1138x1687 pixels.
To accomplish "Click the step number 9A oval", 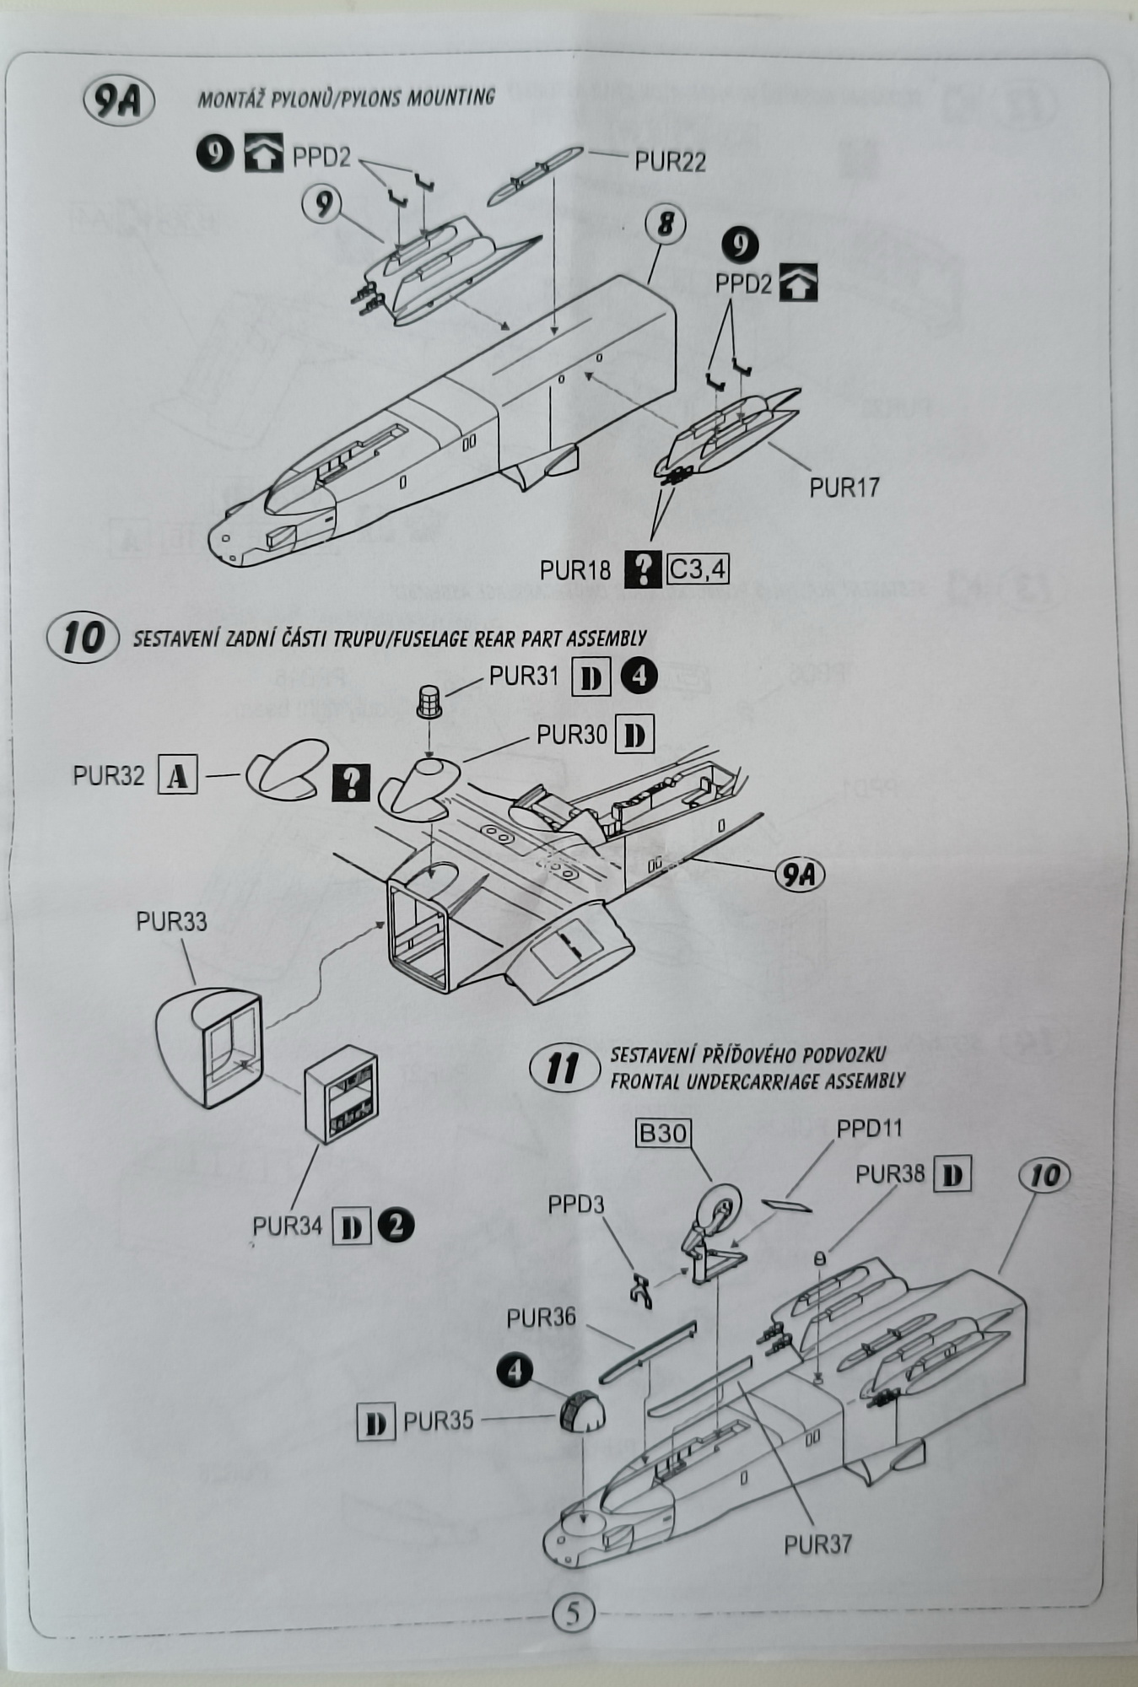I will pos(118,101).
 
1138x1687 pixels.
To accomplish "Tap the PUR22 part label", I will pos(670,161).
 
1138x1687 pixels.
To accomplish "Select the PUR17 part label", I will pos(844,487).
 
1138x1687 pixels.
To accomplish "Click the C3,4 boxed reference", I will pos(697,569).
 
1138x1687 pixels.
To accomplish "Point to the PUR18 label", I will pos(574,570).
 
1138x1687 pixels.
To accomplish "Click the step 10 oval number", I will pos(83,638).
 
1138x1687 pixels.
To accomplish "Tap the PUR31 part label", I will pos(523,676).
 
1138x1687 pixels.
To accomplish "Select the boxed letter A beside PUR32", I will pos(177,776).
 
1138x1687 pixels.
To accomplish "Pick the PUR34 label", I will pos(287,1226).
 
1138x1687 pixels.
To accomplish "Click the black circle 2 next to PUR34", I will pos(396,1225).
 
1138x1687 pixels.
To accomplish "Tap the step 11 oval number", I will pos(562,1069).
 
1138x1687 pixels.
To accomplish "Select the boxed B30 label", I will pos(663,1133).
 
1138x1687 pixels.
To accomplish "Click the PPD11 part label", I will pos(869,1129).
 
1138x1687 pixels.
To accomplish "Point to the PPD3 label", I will pos(575,1205).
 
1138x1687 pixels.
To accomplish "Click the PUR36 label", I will pos(541,1318).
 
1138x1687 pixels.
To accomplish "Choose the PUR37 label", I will pos(817,1544).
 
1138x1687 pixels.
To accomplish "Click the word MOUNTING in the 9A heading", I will pos(450,97).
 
